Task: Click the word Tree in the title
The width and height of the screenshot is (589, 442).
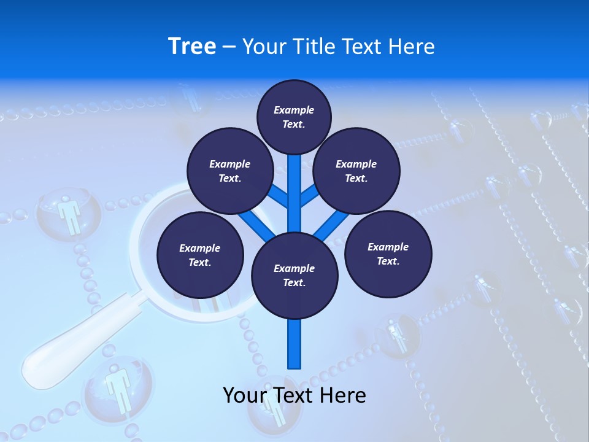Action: (x=192, y=46)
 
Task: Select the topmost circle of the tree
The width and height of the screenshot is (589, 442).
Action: (x=294, y=117)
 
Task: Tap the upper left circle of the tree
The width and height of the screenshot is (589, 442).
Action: (x=230, y=171)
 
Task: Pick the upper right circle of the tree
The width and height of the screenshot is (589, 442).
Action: (x=356, y=171)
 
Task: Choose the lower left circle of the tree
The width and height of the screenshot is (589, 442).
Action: (x=200, y=255)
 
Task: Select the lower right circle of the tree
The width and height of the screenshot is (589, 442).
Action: (x=388, y=254)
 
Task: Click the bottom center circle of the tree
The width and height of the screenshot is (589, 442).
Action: (x=294, y=275)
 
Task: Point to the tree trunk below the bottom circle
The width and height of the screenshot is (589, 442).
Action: (x=294, y=344)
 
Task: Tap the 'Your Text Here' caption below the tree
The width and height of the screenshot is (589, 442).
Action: (x=294, y=395)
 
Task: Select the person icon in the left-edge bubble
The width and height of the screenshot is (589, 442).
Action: (x=69, y=214)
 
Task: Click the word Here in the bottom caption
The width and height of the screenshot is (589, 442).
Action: (x=342, y=395)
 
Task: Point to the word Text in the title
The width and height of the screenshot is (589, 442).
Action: (x=366, y=47)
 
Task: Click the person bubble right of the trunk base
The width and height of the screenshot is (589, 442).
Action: (x=397, y=335)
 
